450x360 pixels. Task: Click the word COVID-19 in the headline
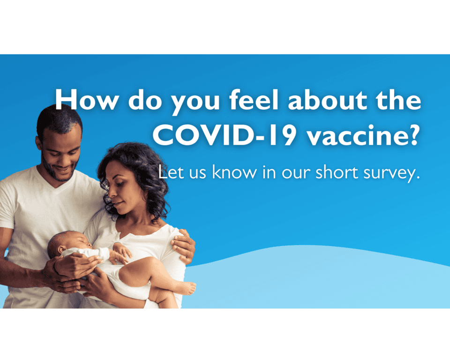click(224, 135)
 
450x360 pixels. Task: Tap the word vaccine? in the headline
click(362, 135)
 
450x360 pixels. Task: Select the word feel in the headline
click(254, 99)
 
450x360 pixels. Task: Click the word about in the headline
click(328, 99)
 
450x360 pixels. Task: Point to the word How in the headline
click(87, 99)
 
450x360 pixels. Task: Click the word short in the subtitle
click(337, 172)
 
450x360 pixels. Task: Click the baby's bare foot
click(187, 288)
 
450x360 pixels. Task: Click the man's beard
click(60, 171)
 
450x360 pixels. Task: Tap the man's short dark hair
click(60, 119)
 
